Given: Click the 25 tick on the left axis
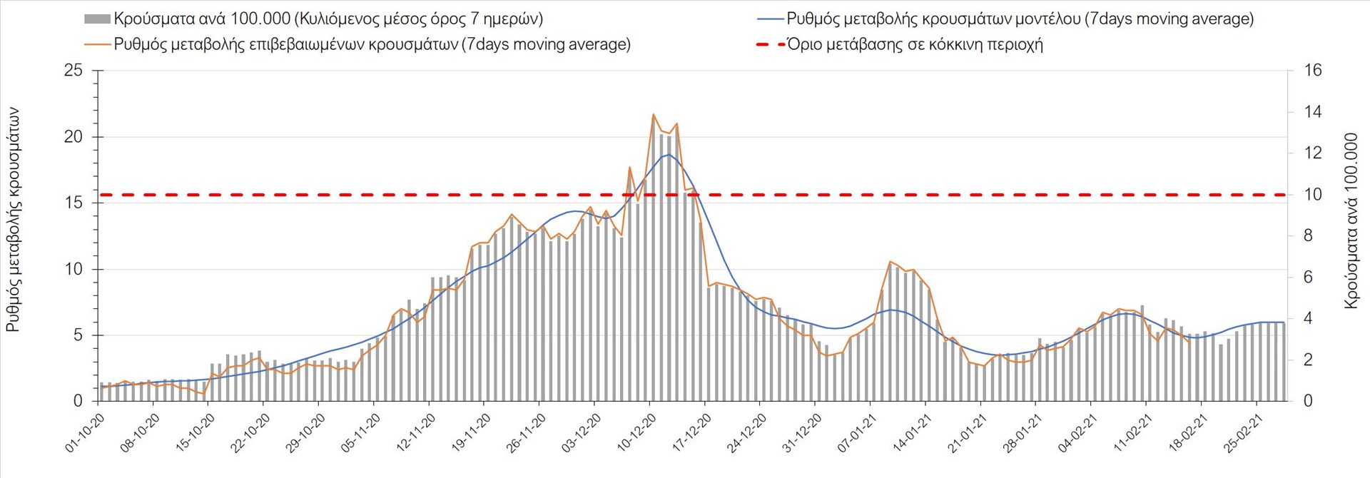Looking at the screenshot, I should [x=73, y=71].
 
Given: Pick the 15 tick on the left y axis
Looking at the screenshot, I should [x=73, y=203].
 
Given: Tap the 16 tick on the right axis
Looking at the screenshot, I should [x=1313, y=71].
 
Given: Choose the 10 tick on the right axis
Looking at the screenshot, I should [x=1313, y=195].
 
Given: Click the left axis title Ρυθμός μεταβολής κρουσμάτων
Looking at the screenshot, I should [x=13, y=220].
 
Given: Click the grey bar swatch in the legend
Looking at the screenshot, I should [x=97, y=19].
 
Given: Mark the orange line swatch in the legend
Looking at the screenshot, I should [x=97, y=45].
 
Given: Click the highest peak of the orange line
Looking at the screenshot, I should [x=653, y=114].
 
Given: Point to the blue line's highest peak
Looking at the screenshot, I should [x=669, y=154].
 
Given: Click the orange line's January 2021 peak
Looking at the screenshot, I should [x=890, y=262].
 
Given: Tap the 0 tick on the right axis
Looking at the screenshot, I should [x=1308, y=401].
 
